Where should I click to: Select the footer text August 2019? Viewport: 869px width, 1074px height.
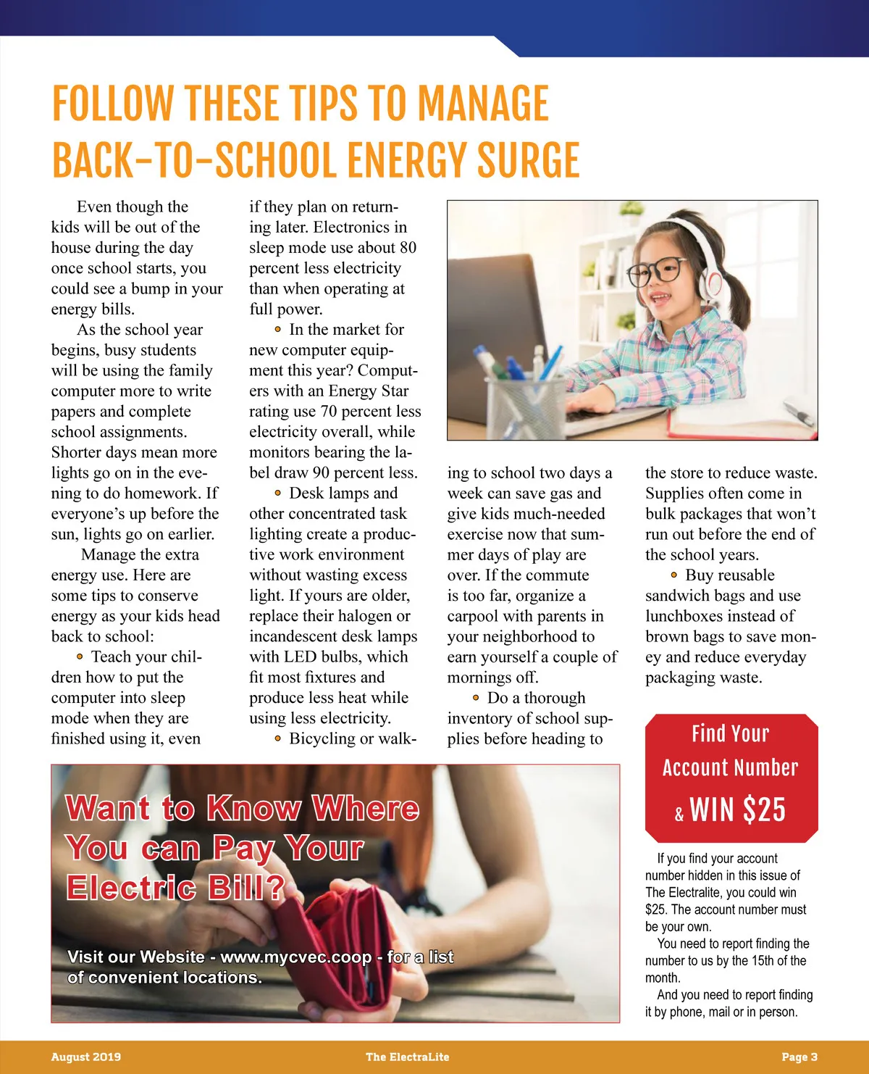click(86, 1057)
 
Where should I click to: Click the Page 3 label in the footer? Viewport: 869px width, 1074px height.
click(799, 1057)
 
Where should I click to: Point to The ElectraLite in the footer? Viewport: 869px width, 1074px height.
click(407, 1057)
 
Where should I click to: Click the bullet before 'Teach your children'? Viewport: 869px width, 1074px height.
click(80, 657)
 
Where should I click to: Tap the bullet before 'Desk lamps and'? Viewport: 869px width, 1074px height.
click(277, 493)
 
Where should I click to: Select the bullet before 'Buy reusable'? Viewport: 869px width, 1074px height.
click(673, 575)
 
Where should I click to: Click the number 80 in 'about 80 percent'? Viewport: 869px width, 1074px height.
click(408, 248)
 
